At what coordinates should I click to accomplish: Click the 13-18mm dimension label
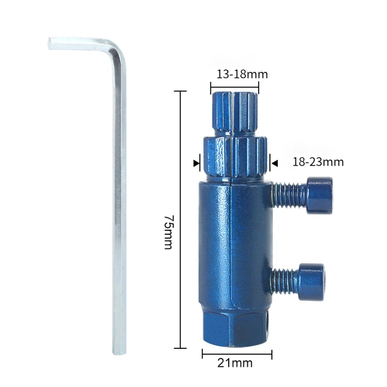coord(242,74)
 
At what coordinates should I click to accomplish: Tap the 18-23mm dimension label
coord(318,162)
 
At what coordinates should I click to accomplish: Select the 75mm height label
coord(169,232)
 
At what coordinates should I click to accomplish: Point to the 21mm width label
coord(235,363)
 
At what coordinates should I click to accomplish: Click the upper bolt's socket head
coord(320,195)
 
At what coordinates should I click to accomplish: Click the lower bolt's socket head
coord(312,282)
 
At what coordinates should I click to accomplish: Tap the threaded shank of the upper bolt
coord(290,195)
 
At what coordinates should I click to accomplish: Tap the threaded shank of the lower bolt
coord(285,282)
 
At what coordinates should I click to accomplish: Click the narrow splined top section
coord(235,114)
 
